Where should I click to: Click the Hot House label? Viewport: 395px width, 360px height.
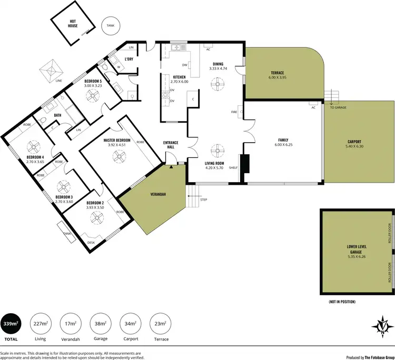(x=73, y=23)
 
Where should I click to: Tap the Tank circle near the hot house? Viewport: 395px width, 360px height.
(x=110, y=25)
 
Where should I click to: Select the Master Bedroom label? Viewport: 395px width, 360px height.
(x=116, y=140)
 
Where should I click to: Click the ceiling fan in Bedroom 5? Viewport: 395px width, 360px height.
(x=93, y=95)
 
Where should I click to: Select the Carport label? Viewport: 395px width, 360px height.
(x=355, y=141)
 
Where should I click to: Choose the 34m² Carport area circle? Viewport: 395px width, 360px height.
(x=131, y=323)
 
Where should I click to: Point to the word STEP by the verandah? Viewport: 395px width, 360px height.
(x=204, y=200)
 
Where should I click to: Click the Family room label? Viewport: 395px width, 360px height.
(x=283, y=141)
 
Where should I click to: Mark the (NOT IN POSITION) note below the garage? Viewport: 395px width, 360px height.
(x=342, y=302)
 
